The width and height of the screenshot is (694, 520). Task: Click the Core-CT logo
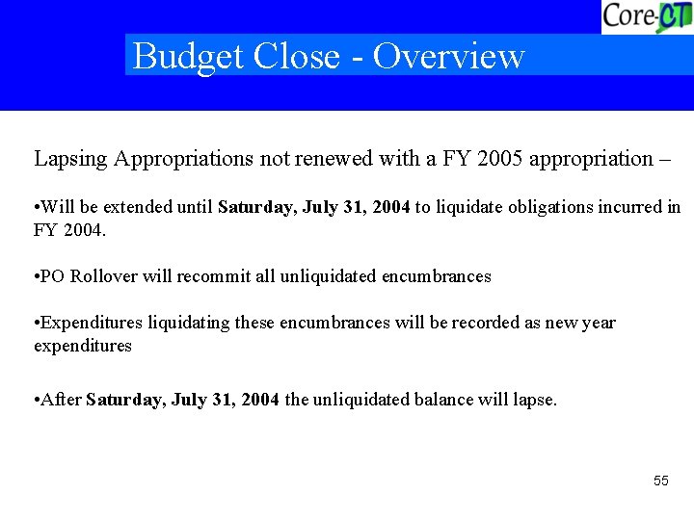tap(647, 16)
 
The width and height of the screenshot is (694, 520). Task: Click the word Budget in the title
tap(188, 56)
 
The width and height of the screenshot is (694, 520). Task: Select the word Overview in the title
tap(448, 56)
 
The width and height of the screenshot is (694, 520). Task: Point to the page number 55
tap(660, 481)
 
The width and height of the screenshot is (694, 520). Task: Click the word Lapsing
tap(71, 159)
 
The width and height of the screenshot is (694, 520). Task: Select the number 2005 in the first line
tap(495, 159)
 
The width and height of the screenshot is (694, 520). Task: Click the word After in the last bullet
tap(62, 400)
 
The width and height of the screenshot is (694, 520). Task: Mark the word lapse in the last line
tap(533, 400)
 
